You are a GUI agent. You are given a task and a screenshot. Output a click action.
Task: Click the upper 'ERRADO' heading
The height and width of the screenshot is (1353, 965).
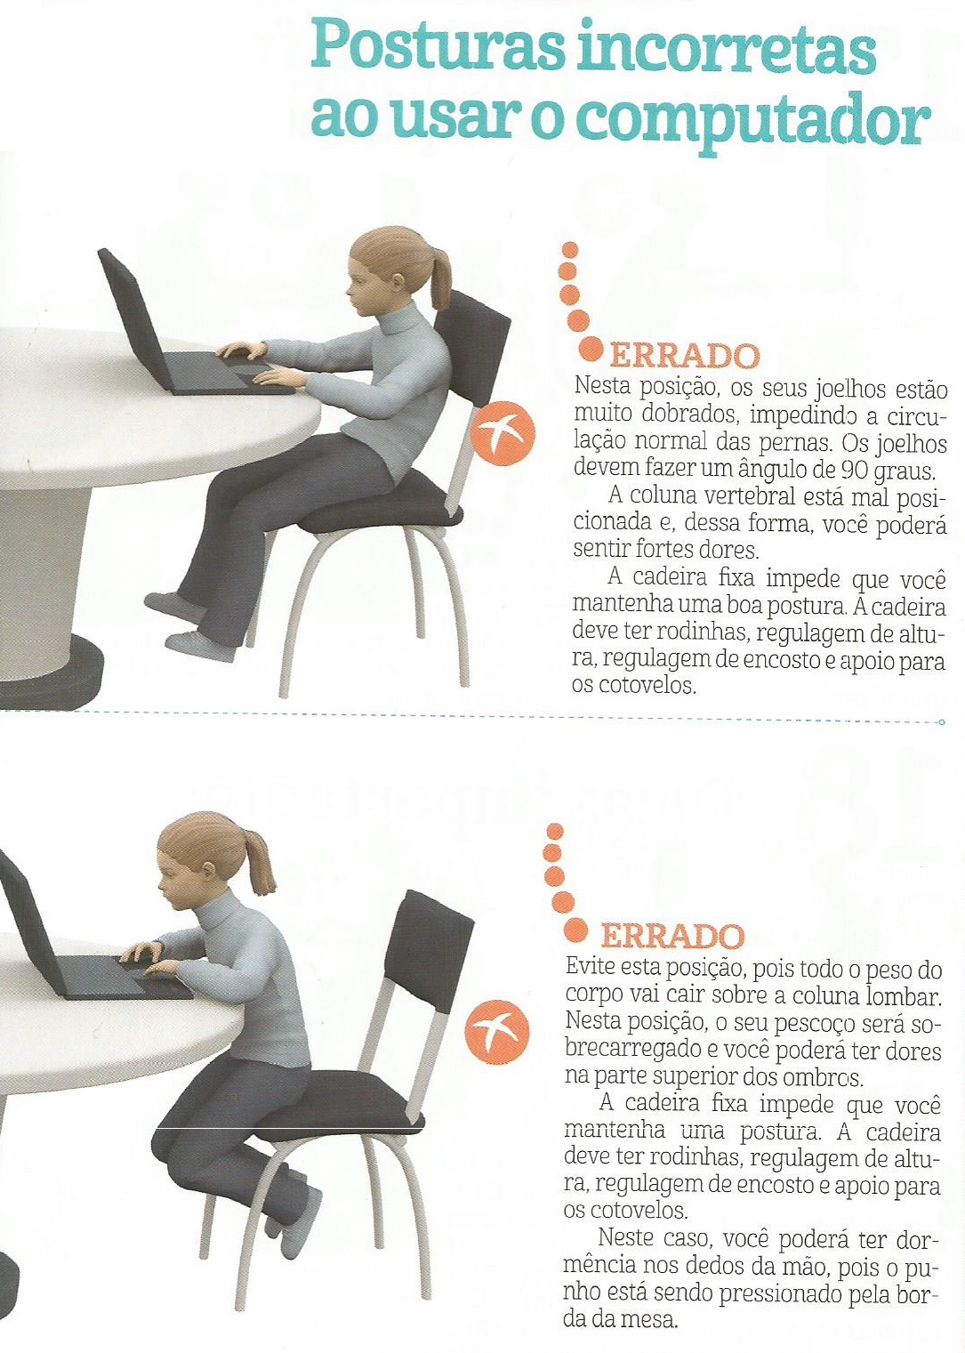point(685,357)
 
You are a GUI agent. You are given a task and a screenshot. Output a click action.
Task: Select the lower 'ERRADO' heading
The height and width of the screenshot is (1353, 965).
point(672,936)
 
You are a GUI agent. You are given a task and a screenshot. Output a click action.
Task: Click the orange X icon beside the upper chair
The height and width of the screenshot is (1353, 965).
point(504,433)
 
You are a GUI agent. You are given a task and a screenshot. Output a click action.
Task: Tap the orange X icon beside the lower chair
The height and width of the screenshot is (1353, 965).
point(496,1031)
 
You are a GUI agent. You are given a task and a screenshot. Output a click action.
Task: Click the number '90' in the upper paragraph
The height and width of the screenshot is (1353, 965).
point(855,468)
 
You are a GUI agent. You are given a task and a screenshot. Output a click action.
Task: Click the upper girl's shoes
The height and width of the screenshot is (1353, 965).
point(182,623)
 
